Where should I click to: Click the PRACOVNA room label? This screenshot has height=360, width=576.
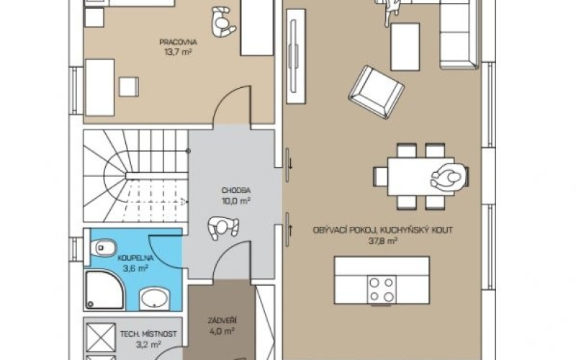coord(178,42)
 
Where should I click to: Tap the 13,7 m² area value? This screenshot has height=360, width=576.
coord(178,52)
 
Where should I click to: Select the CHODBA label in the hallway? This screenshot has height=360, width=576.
coord(236,190)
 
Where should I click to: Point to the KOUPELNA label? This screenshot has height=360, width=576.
coord(135,258)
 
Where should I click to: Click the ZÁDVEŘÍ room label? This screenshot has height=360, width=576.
coord(222,320)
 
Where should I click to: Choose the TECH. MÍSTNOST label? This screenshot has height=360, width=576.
coord(148,334)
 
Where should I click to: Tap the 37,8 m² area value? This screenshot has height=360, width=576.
coord(383,241)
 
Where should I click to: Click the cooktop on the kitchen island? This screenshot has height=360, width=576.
coord(382,289)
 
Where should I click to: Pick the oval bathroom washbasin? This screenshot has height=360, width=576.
coord(155,299)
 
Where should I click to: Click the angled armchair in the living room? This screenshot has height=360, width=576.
coord(376,92)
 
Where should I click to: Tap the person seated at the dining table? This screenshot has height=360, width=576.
coord(449,177)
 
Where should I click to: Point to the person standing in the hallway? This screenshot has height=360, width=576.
coord(222,228)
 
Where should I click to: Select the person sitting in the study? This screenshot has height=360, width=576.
coord(222,23)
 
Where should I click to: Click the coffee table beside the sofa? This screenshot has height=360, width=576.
coord(405,47)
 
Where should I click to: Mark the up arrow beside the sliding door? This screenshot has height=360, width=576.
coord(291,230)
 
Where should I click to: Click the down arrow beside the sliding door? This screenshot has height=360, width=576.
coord(291,163)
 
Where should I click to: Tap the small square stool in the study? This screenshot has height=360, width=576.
coord(129,86)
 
